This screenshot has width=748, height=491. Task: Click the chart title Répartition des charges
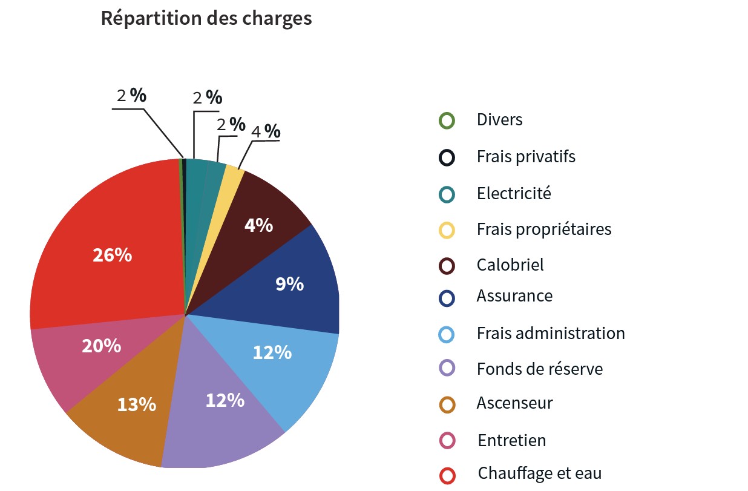point(206,19)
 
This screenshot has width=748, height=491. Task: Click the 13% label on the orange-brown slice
point(136,404)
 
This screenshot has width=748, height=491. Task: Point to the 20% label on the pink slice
point(101,346)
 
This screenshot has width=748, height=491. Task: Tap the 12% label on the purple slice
point(225,400)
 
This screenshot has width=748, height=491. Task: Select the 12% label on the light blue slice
point(272,352)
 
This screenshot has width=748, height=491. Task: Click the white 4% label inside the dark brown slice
point(258,225)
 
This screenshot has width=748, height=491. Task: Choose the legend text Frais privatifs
point(525,157)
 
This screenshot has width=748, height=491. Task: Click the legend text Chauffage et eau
point(539,473)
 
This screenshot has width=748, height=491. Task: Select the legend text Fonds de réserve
point(539,368)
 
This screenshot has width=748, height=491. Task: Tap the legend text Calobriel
point(510,265)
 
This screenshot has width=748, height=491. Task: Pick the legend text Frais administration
point(550,333)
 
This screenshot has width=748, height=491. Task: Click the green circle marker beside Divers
point(447,120)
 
